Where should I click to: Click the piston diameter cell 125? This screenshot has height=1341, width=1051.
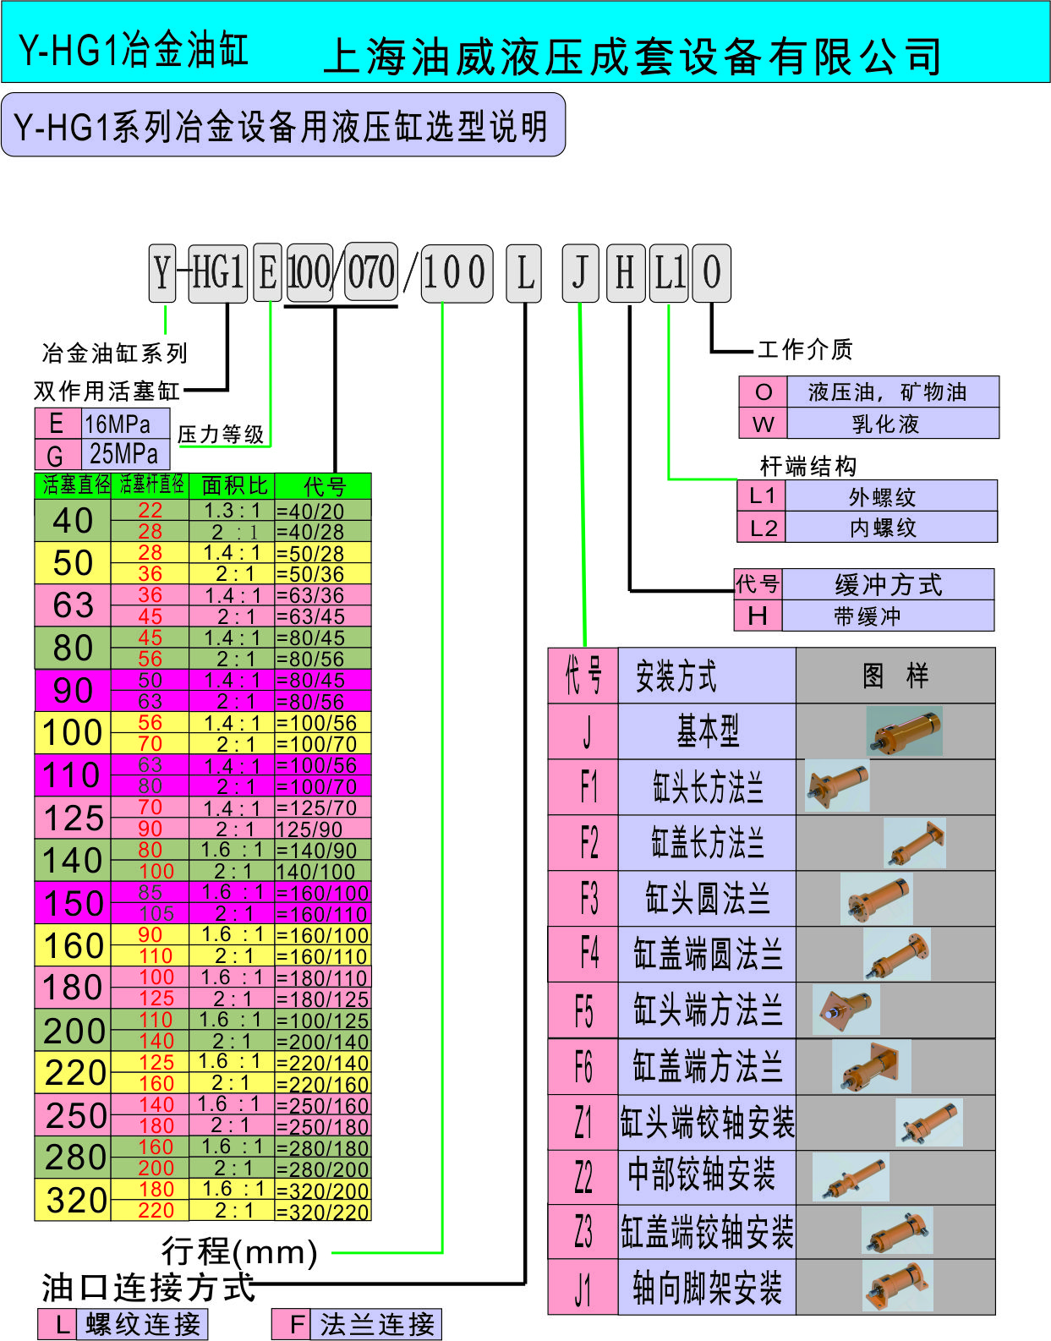click(73, 818)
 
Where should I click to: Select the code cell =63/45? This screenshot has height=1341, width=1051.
click(322, 616)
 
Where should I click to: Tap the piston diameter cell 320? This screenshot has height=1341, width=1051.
click(73, 1200)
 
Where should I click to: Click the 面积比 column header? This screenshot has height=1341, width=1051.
click(233, 485)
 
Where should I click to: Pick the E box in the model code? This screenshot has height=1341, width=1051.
click(268, 273)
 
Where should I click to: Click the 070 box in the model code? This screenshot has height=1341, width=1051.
click(371, 272)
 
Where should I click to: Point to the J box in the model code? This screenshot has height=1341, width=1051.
click(580, 273)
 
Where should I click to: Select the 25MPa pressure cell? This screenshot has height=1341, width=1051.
click(124, 454)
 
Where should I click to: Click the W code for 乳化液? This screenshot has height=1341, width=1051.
click(763, 424)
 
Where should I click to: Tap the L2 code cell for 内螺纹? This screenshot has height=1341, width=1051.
click(762, 528)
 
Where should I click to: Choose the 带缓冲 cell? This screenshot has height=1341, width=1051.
click(887, 616)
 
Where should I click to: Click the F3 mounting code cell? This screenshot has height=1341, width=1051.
click(583, 899)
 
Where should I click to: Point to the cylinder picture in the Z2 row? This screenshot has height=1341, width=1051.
click(851, 1177)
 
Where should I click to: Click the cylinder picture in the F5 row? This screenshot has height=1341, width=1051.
click(846, 1010)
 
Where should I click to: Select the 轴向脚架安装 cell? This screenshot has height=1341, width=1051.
click(707, 1288)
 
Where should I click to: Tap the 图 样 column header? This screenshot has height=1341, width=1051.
click(895, 676)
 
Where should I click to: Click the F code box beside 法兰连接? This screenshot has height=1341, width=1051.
click(296, 1324)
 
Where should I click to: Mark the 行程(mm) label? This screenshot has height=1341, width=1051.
click(239, 1251)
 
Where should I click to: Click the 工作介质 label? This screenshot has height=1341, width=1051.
click(805, 349)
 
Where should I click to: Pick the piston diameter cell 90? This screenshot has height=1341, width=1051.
click(73, 691)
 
